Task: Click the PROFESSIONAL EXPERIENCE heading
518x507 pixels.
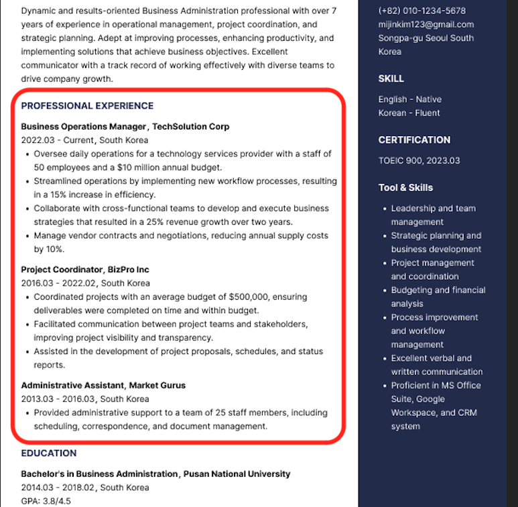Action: [87, 106]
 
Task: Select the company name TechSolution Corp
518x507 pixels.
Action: [190, 127]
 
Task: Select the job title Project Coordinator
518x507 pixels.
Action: [62, 270]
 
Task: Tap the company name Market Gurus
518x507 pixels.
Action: [157, 386]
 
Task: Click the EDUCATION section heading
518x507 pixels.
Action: [49, 453]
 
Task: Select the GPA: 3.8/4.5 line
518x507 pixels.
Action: [46, 501]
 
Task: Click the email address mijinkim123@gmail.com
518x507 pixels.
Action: [426, 25]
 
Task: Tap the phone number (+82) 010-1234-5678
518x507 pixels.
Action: [422, 11]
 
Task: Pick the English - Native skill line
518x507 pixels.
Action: [409, 99]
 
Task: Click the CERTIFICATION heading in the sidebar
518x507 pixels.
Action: [414, 140]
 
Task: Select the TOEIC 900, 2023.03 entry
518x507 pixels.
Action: [419, 161]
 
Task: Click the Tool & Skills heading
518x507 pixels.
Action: [405, 188]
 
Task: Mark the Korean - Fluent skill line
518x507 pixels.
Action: [409, 113]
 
